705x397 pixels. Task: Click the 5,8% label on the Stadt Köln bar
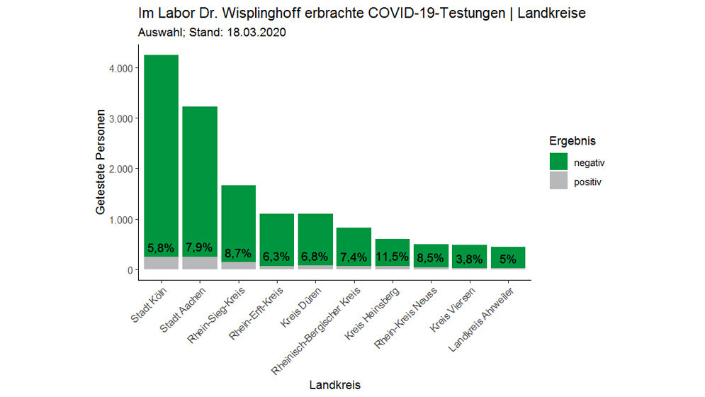pos(161,249)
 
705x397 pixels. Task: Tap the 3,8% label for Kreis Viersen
pos(469,258)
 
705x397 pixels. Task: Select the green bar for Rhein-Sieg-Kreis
pos(238,213)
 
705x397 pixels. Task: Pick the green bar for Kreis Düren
pos(315,234)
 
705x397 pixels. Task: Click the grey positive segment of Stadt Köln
pos(161,263)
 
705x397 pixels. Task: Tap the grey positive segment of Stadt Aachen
pos(200,263)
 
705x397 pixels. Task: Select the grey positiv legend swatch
pos(559,181)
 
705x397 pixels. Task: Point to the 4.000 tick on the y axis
pos(114,68)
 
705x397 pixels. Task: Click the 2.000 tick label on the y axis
pos(114,169)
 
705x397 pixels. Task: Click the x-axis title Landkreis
pos(334,385)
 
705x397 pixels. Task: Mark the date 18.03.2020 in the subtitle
pos(252,33)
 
